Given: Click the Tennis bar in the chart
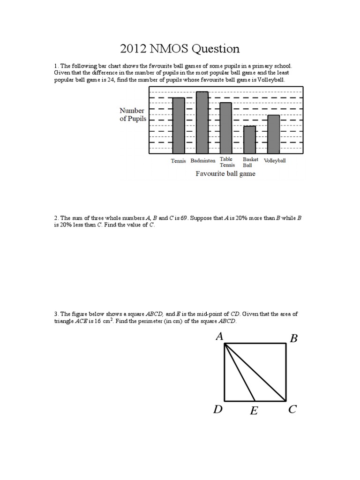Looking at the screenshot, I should [x=179, y=125].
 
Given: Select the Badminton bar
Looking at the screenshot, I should [x=202, y=122].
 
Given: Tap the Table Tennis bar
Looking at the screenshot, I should [x=226, y=127].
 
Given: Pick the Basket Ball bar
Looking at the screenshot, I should [x=249, y=139].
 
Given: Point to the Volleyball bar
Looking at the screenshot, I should [x=273, y=134].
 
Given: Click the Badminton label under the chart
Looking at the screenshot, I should [x=203, y=160].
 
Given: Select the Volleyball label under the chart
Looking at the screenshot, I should [x=275, y=160].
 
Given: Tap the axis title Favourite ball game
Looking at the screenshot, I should [x=225, y=173].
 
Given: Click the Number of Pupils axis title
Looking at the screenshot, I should [x=133, y=114].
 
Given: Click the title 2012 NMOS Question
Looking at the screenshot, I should [x=180, y=49].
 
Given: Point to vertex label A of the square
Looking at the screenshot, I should [x=219, y=336].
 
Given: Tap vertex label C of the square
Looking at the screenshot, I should [x=292, y=410].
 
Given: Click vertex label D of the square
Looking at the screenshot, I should [x=217, y=410].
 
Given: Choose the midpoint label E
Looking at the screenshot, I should [x=254, y=412].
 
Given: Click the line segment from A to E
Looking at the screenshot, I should [x=240, y=373].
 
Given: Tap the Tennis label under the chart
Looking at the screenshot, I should [x=178, y=161].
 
